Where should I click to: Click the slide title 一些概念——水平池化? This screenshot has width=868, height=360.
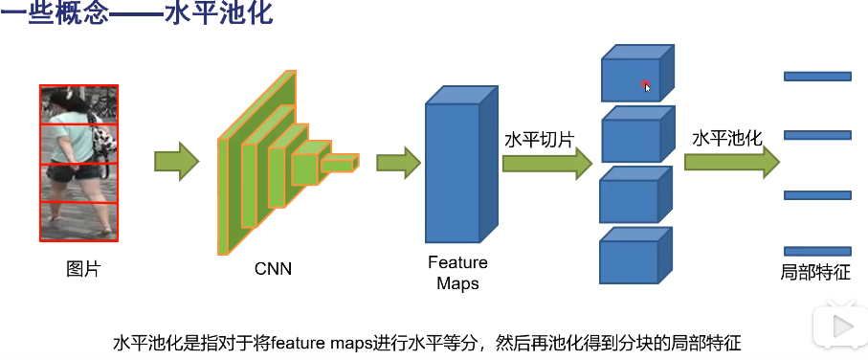(x=136, y=15)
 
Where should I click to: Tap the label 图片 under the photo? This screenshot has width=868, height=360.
(x=82, y=269)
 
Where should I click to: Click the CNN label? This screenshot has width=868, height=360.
(x=274, y=269)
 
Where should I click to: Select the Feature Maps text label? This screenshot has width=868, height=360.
(x=456, y=273)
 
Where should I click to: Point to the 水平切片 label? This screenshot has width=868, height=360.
(x=539, y=140)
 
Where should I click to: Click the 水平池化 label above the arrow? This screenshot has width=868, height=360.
(x=727, y=138)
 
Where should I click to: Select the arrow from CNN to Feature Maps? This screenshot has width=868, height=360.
(x=398, y=162)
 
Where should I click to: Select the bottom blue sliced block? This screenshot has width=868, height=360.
(x=632, y=257)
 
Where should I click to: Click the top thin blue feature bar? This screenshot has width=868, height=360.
(x=816, y=77)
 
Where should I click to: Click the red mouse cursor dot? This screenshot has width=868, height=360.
(x=646, y=85)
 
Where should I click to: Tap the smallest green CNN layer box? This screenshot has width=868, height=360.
(x=338, y=164)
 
